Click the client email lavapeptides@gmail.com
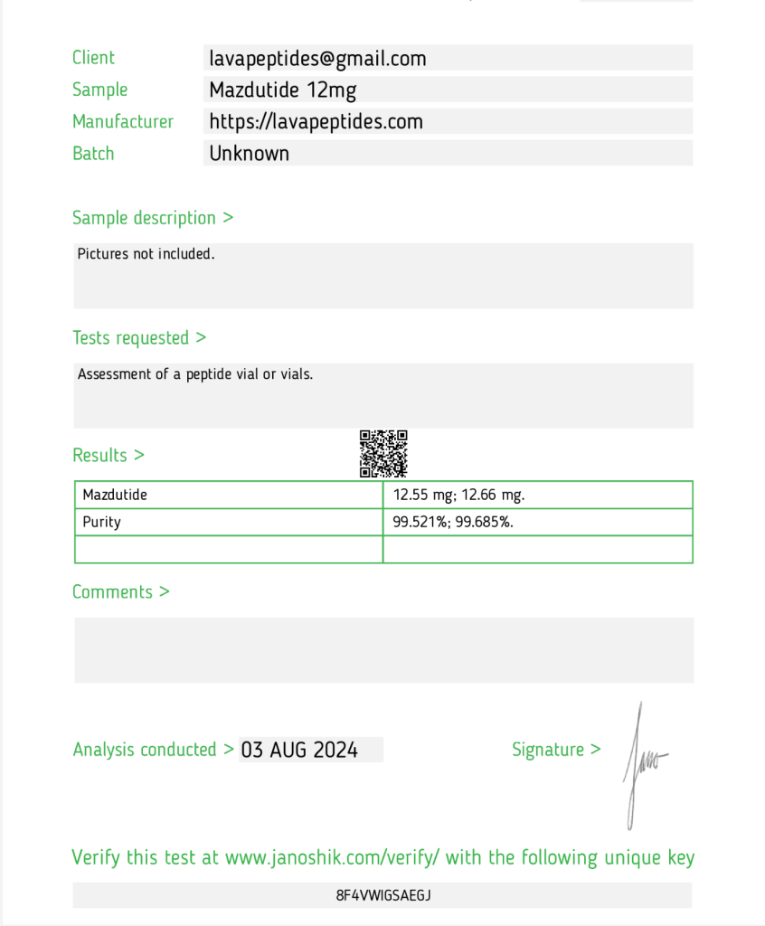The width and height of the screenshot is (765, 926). [317, 59]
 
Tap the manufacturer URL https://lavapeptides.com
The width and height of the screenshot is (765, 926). [316, 121]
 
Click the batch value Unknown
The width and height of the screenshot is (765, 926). [249, 153]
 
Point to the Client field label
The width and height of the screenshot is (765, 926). [93, 58]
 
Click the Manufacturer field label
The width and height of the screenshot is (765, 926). [123, 121]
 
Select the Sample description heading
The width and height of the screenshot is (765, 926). [153, 218]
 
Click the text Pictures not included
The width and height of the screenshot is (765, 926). [146, 254]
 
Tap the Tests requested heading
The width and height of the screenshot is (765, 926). [139, 338]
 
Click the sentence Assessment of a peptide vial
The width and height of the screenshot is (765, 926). [194, 374]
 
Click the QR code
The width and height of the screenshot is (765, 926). [383, 453]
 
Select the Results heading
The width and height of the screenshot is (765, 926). [108, 455]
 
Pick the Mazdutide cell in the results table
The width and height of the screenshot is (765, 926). [115, 495]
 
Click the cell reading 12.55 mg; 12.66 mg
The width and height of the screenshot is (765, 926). [458, 495]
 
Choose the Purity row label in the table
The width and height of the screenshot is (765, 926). [101, 522]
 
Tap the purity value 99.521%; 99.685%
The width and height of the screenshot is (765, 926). [453, 522]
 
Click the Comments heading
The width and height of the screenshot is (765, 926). [120, 592]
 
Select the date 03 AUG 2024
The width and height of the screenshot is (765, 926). [299, 750]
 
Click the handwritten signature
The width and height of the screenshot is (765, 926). [641, 764]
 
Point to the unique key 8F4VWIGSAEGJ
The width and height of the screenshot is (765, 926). [383, 895]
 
